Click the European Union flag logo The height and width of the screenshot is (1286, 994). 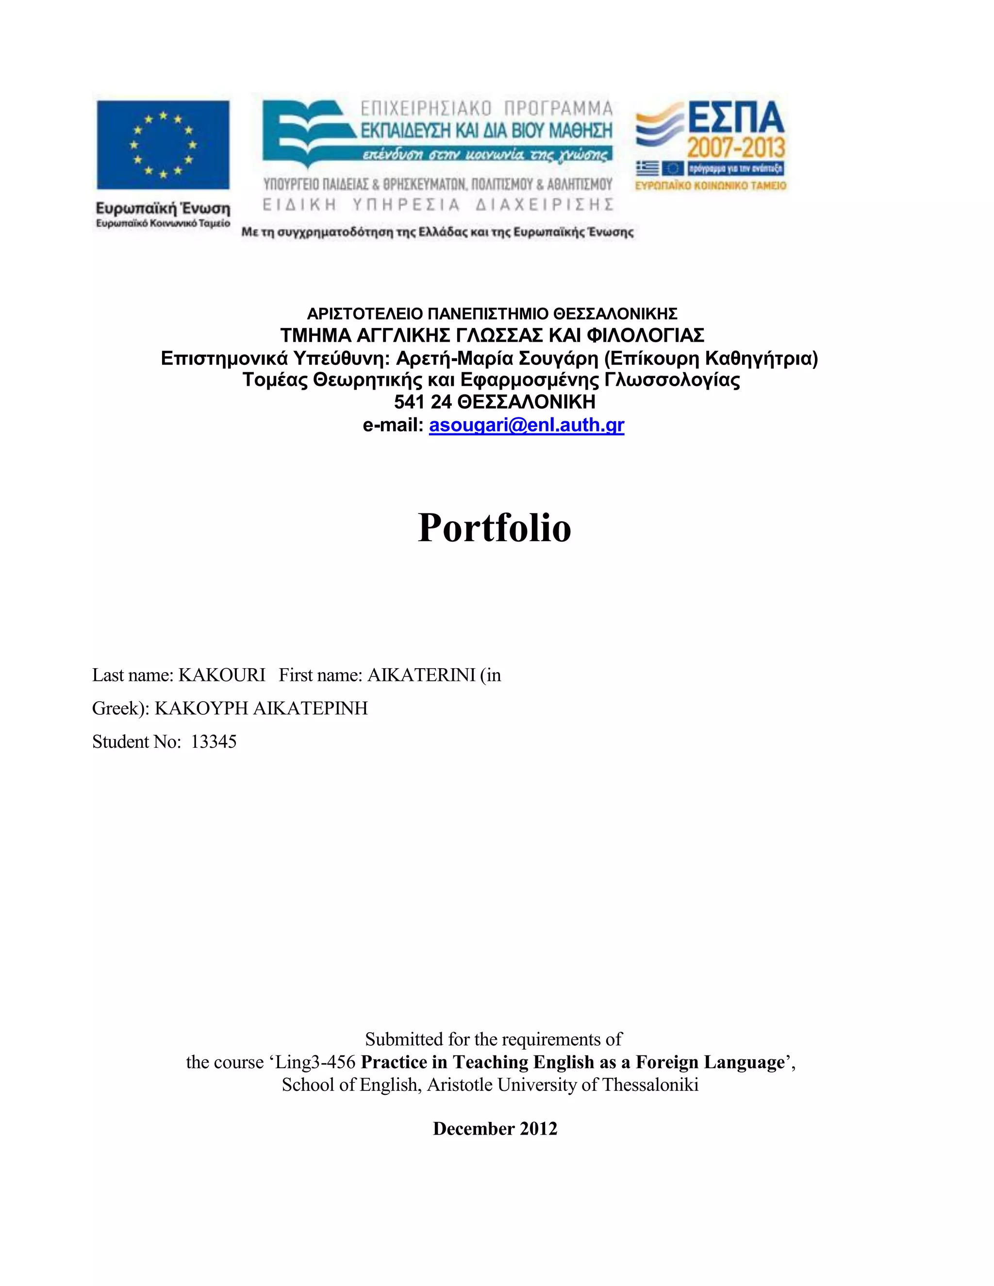pos(163,145)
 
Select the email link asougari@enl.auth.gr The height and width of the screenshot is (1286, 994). pos(527,425)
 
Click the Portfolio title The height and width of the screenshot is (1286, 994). pos(495,527)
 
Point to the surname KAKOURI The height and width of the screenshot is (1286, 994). pos(222,675)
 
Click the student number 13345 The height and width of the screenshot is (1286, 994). pos(214,742)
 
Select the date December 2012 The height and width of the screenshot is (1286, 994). pos(495,1128)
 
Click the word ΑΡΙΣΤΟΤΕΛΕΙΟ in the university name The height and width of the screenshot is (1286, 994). pos(364,313)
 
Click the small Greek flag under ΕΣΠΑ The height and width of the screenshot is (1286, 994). pos(647,169)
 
